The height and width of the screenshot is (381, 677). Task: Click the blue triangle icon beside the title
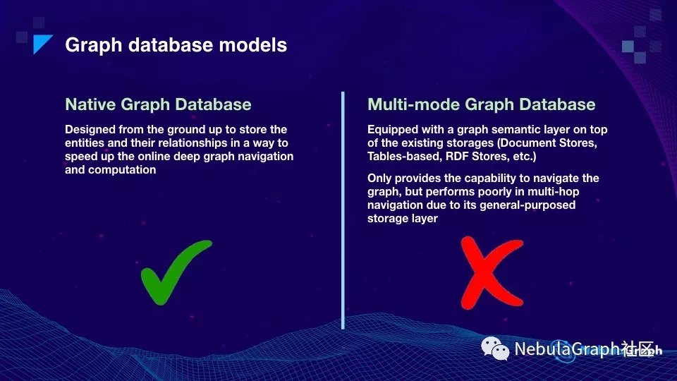[x=42, y=44]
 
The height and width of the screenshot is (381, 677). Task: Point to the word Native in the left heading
[x=90, y=104]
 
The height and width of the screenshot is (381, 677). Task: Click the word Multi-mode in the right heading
[x=414, y=104]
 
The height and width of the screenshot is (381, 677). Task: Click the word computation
[x=122, y=170]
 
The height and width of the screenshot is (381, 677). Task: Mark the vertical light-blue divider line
[x=343, y=210]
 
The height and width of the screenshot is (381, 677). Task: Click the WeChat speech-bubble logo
[x=495, y=349]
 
